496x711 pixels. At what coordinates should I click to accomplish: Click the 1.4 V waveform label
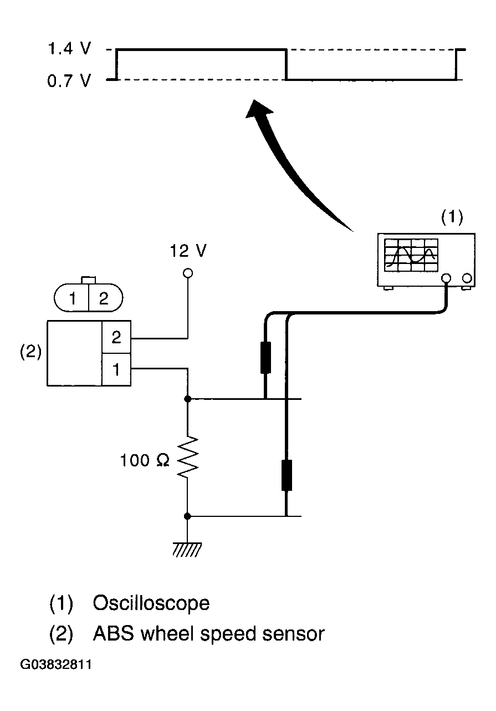[69, 49]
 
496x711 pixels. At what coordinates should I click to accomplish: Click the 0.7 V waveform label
[69, 80]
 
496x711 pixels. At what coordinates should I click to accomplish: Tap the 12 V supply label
[188, 251]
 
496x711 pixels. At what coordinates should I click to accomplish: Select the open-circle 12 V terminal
[188, 273]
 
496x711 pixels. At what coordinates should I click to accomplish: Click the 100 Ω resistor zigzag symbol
[188, 457]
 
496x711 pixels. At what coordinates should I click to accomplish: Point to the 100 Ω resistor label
[145, 460]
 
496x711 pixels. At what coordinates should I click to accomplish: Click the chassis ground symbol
[187, 550]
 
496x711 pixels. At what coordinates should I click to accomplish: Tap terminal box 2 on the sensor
[116, 337]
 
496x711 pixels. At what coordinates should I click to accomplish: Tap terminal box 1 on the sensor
[116, 369]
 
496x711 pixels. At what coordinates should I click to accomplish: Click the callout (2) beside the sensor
[31, 352]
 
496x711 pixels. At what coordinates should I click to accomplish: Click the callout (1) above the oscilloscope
[452, 217]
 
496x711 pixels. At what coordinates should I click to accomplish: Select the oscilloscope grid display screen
[411, 255]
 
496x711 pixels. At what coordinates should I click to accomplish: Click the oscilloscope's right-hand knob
[467, 278]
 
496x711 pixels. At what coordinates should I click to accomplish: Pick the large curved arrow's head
[258, 109]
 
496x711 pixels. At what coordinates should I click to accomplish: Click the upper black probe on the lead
[265, 357]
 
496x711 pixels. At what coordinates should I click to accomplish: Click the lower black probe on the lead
[287, 475]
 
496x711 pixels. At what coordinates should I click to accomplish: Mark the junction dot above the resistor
[187, 399]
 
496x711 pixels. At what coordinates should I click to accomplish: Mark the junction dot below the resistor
[187, 516]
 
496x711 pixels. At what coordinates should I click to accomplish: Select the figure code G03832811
[56, 664]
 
